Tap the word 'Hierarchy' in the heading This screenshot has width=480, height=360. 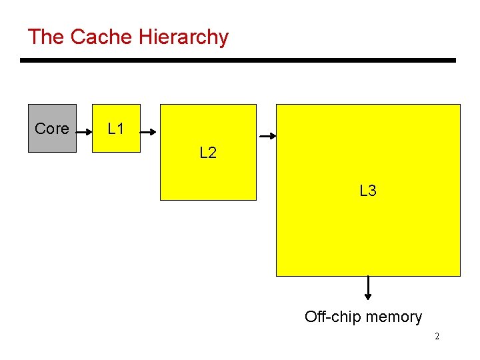183,37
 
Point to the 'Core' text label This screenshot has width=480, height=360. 52,129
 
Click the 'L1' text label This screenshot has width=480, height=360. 116,129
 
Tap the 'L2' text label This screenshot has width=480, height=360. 208,153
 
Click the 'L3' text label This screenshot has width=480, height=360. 368,191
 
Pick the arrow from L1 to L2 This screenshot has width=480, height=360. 149,132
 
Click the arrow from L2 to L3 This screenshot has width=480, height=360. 267,136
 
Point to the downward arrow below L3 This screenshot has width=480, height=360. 368,288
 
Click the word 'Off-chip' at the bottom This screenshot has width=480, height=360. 331,317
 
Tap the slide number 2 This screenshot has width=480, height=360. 437,337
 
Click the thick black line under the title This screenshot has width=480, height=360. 238,61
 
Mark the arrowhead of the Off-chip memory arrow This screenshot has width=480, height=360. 368,297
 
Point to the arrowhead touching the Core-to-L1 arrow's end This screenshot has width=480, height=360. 89,132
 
